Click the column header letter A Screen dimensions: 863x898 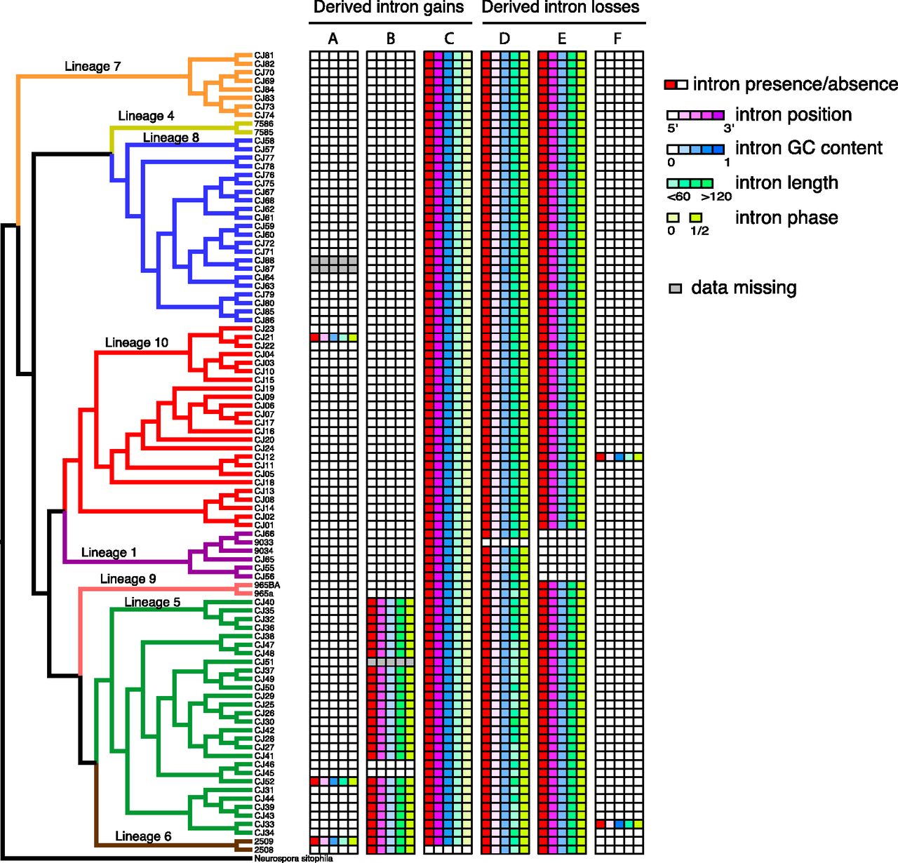click(x=333, y=39)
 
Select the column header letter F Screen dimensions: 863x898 click(x=618, y=39)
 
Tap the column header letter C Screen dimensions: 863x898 click(x=448, y=39)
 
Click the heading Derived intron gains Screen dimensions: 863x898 click(x=388, y=8)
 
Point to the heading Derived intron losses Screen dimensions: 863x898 click(x=561, y=8)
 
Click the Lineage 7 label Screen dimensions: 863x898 click(x=93, y=67)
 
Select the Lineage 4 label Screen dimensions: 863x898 click(x=146, y=116)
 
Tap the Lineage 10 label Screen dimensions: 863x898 click(x=137, y=342)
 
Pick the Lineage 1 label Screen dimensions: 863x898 click(x=109, y=552)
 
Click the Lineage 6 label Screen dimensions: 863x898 click(x=143, y=836)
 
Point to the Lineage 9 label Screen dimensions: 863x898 click(x=128, y=579)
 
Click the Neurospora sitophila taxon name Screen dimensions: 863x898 click(x=293, y=858)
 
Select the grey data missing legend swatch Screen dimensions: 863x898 click(x=675, y=288)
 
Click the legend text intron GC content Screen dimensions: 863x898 click(x=808, y=148)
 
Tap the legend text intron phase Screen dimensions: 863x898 click(x=786, y=218)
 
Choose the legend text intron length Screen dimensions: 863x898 click(x=786, y=183)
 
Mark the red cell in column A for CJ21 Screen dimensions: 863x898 click(x=314, y=337)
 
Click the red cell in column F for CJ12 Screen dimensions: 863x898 click(x=600, y=457)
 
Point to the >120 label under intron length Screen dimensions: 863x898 click(x=716, y=196)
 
